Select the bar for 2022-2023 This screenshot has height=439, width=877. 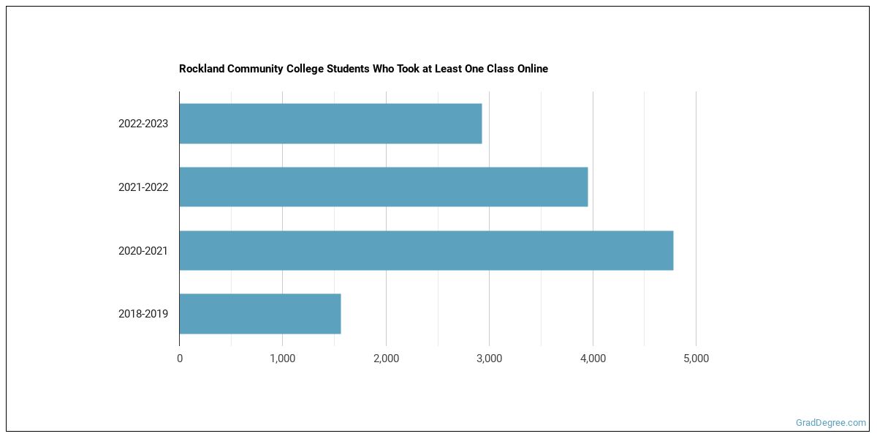pyautogui.click(x=330, y=124)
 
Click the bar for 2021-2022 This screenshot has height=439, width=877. pyautogui.click(x=383, y=187)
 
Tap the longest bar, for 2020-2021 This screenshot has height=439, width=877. pyautogui.click(x=426, y=250)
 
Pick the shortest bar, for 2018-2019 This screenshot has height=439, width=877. pyautogui.click(x=260, y=314)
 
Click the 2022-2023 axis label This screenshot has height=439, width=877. pyautogui.click(x=143, y=124)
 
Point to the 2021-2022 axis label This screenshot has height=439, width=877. pyautogui.click(x=143, y=187)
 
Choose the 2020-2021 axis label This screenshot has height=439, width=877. pyautogui.click(x=143, y=251)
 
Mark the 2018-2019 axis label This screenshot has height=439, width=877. pyautogui.click(x=143, y=314)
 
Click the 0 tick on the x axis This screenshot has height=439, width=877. pyautogui.click(x=180, y=359)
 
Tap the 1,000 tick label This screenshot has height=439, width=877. pyautogui.click(x=282, y=359)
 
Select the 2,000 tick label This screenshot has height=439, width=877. pyautogui.click(x=386, y=359)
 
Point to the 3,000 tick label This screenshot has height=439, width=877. pyautogui.click(x=489, y=359)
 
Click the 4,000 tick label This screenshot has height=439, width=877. pyautogui.click(x=593, y=359)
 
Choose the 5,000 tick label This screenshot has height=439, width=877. pyautogui.click(x=696, y=359)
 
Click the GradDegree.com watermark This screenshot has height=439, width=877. pyautogui.click(x=831, y=423)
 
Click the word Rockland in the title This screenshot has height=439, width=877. pyautogui.click(x=201, y=69)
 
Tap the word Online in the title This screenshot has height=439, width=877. pyautogui.click(x=531, y=69)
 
